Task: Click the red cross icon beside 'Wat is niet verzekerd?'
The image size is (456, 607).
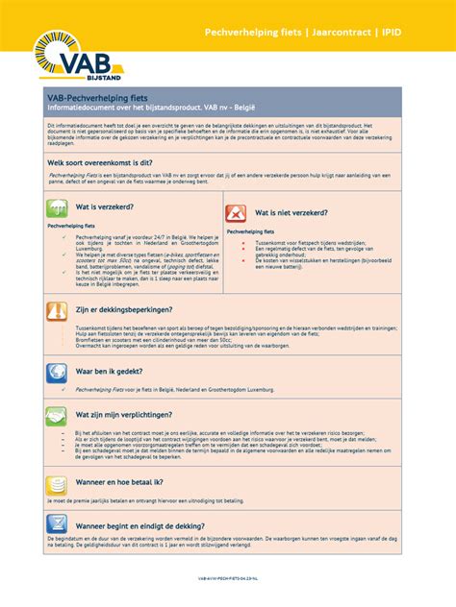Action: pyautogui.click(x=236, y=213)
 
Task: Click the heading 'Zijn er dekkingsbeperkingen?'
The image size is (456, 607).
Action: pyautogui.click(x=125, y=310)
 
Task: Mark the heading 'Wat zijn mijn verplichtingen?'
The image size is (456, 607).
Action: pyautogui.click(x=125, y=415)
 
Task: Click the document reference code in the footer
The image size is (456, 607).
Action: pyautogui.click(x=227, y=579)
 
